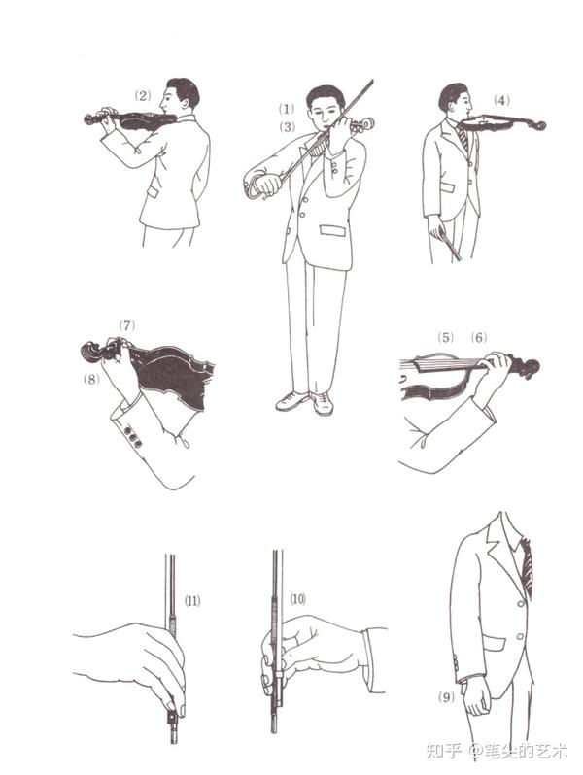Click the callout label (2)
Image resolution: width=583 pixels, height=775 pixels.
(143, 96)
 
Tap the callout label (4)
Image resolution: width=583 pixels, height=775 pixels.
(501, 100)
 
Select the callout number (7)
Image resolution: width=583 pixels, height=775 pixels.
(126, 325)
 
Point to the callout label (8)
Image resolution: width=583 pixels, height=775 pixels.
(91, 379)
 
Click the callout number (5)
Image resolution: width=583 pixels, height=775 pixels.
(445, 338)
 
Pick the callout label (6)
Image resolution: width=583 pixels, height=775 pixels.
(479, 338)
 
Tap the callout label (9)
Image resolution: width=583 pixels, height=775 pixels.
(446, 697)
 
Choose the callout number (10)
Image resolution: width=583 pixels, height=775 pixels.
(297, 599)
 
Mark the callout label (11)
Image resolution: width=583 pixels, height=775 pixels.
(192, 601)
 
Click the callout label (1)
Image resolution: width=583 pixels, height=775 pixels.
(287, 108)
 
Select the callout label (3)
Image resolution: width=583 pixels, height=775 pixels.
(287, 127)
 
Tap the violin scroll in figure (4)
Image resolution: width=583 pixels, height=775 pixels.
(538, 125)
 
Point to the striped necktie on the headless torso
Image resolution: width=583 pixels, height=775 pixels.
(526, 567)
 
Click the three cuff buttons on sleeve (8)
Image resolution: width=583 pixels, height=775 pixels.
(132, 437)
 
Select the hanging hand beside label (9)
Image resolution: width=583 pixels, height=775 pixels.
(476, 696)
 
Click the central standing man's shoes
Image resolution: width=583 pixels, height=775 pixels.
(305, 402)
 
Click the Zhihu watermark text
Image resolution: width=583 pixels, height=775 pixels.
(497, 751)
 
